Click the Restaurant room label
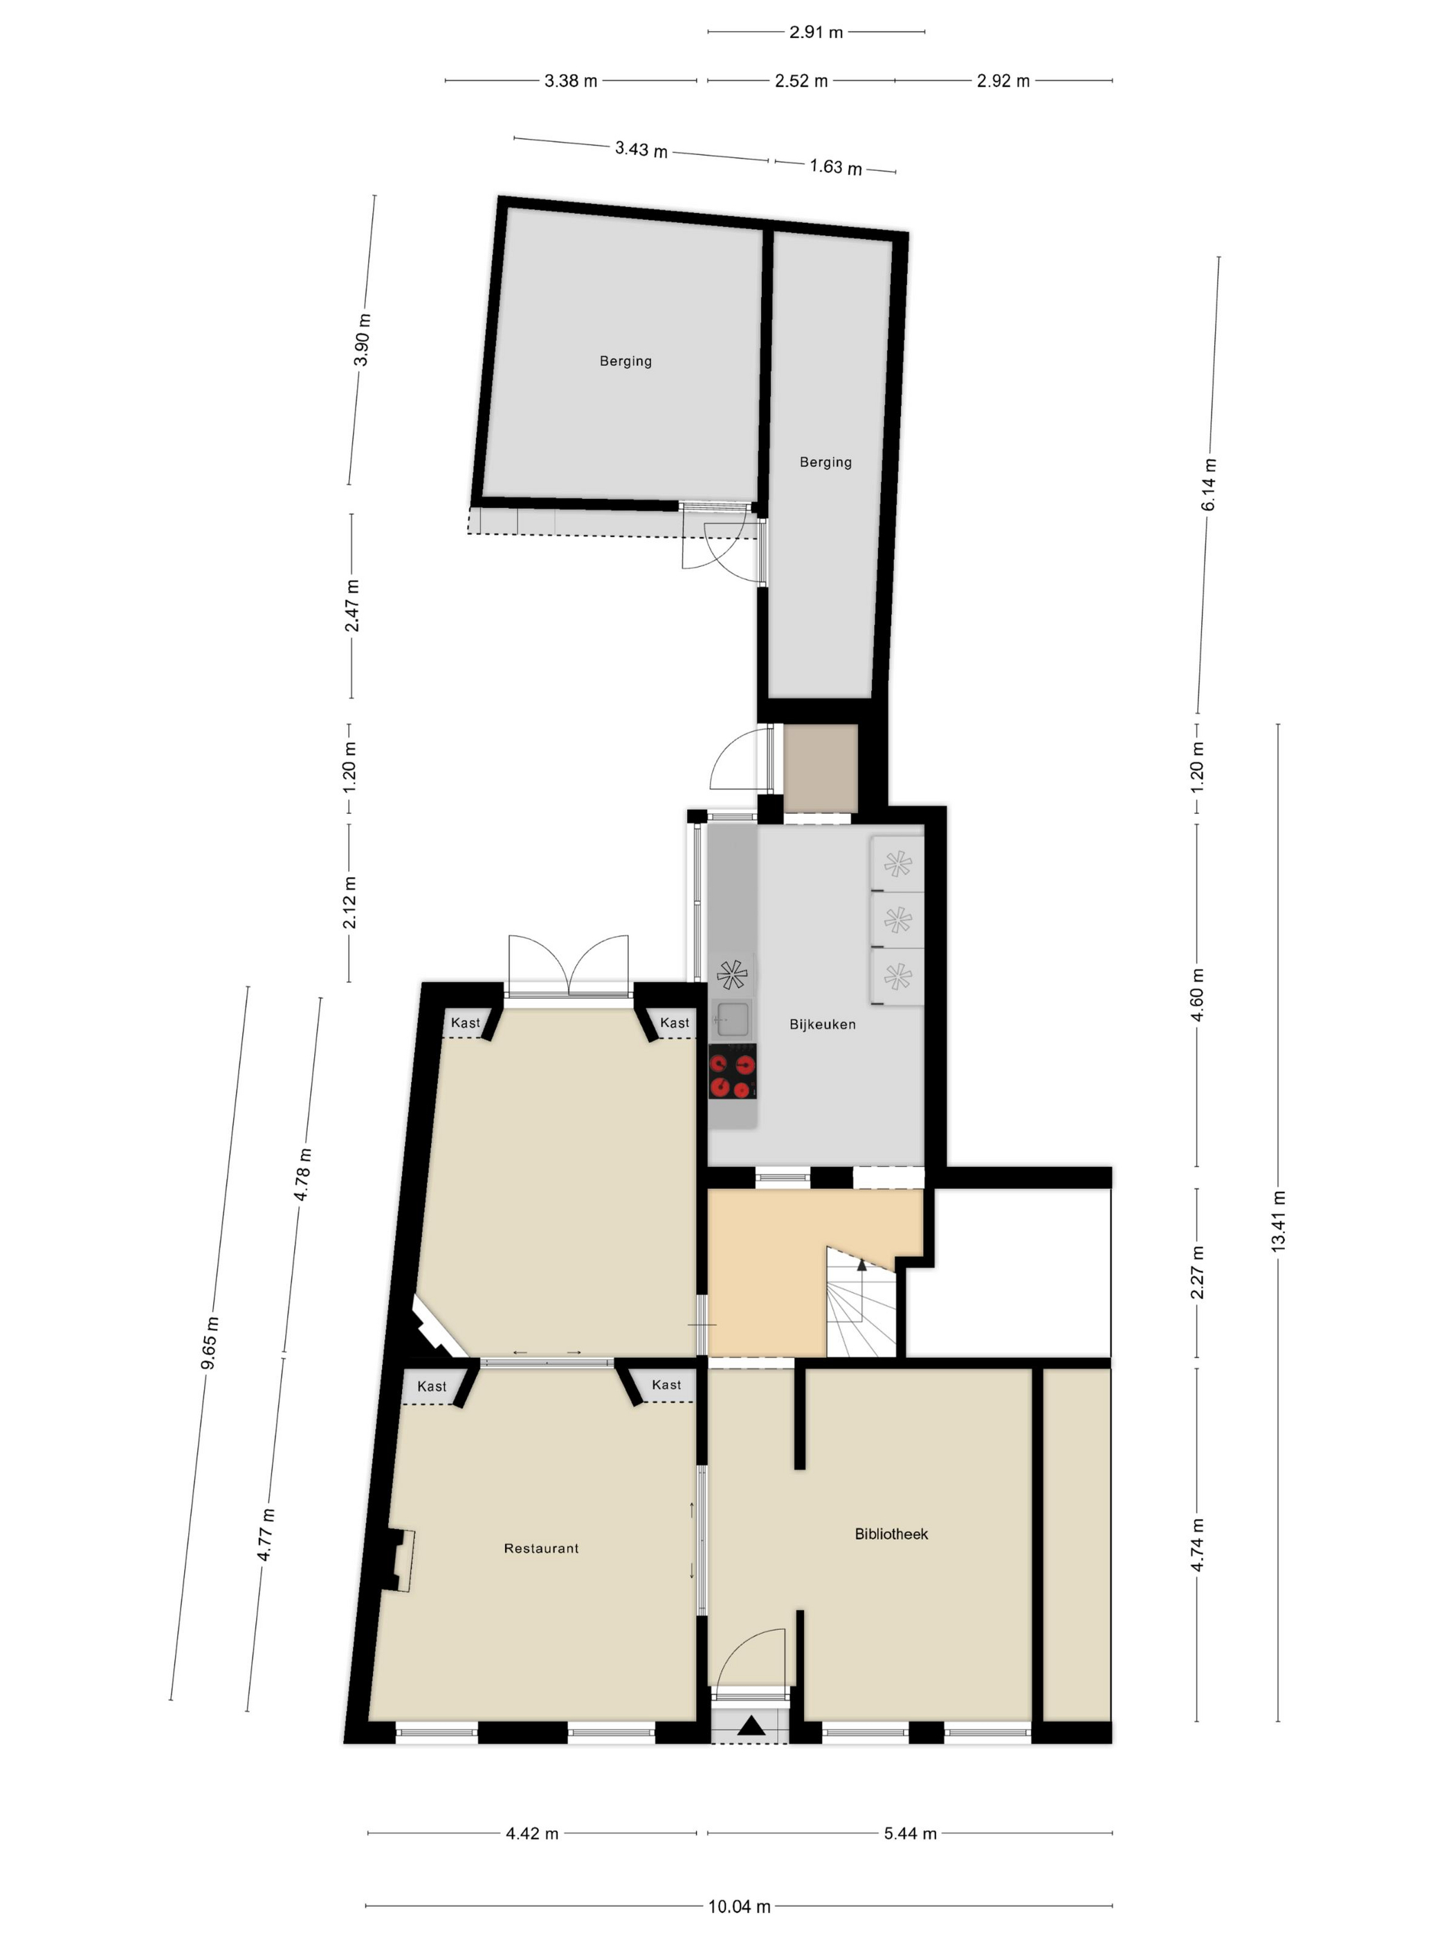pyautogui.click(x=540, y=1548)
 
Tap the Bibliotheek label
pyautogui.click(x=890, y=1533)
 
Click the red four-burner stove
pyautogui.click(x=732, y=1071)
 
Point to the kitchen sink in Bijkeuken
pyautogui.click(x=732, y=1019)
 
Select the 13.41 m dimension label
pyautogui.click(x=1278, y=1222)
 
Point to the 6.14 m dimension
pyautogui.click(x=1209, y=484)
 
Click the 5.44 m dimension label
pyautogui.click(x=910, y=1833)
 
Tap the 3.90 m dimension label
pyautogui.click(x=362, y=339)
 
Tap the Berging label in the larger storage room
pyautogui.click(x=625, y=361)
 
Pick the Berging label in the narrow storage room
pyautogui.click(x=825, y=462)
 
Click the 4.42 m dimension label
pyautogui.click(x=531, y=1833)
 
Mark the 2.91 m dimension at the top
pyautogui.click(x=815, y=33)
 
